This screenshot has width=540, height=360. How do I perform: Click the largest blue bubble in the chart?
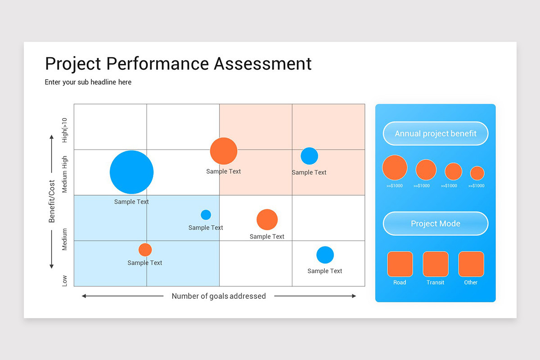click(131, 172)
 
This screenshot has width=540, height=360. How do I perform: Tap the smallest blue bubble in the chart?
click(206, 215)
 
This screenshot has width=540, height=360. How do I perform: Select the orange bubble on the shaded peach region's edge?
click(224, 151)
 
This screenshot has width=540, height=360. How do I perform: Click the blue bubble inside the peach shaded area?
click(309, 156)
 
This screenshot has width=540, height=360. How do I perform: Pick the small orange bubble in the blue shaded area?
click(145, 249)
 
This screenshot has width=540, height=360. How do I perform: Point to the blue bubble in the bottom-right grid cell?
click(325, 255)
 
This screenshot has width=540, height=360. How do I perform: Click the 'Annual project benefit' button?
click(435, 134)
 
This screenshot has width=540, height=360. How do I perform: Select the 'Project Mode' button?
click(435, 224)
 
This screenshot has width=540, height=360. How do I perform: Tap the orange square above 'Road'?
click(400, 264)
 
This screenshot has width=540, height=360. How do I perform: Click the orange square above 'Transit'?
click(435, 264)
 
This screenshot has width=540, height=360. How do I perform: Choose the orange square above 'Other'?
click(471, 264)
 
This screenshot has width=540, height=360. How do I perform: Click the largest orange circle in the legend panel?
click(395, 167)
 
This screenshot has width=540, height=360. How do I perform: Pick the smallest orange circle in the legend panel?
click(477, 173)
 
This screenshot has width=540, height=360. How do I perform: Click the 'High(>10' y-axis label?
click(65, 130)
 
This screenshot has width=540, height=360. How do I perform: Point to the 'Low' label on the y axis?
click(65, 280)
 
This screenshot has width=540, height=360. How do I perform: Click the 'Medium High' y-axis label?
click(65, 174)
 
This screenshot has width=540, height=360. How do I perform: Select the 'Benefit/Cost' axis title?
click(52, 201)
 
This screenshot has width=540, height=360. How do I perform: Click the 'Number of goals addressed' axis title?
click(219, 296)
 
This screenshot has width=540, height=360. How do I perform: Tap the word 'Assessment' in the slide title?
click(262, 63)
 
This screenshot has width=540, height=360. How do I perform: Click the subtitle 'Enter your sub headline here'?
click(88, 82)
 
